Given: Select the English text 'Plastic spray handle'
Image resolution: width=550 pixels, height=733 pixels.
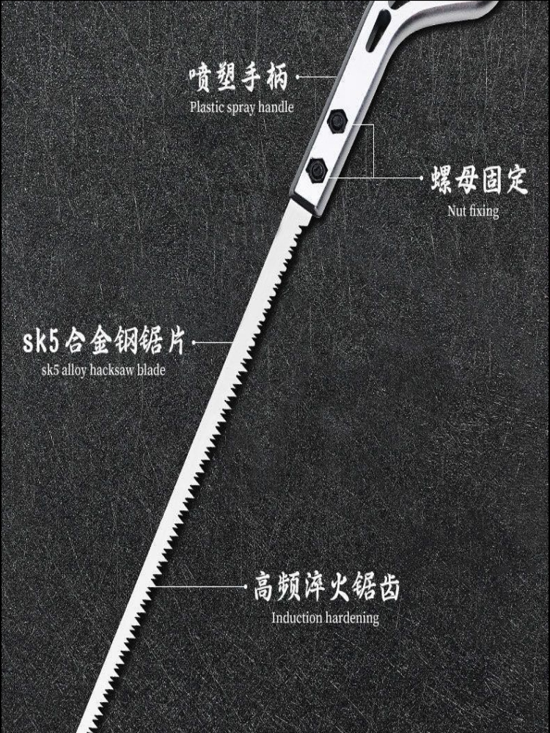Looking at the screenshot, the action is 242,107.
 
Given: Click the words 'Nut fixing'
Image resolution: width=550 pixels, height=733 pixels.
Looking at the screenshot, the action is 473,212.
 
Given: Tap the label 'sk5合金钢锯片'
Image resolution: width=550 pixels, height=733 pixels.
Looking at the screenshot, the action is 105,342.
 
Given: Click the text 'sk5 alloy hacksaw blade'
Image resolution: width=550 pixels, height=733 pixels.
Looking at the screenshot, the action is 103,370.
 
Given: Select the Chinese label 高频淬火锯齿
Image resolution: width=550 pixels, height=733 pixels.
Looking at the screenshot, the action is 326,588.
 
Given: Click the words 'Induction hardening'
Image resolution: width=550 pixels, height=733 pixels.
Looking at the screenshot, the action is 326,618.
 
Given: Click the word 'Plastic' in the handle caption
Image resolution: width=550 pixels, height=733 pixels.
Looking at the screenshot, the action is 208,107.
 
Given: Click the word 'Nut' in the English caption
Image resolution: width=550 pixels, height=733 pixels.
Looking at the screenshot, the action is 458,212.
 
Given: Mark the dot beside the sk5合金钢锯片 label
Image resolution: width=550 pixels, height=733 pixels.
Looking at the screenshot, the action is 196,342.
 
